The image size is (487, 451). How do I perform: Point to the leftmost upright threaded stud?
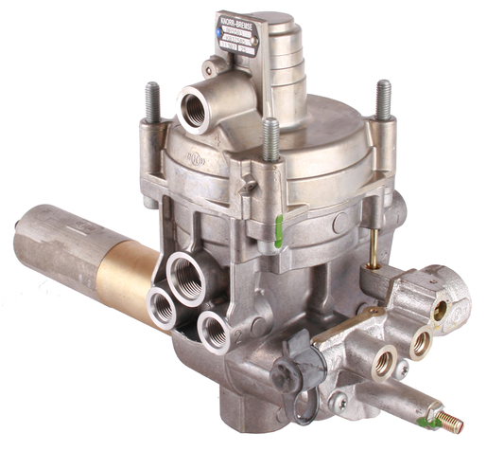pyautogui.click(x=151, y=102)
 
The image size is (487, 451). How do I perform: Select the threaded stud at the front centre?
pyautogui.click(x=271, y=139)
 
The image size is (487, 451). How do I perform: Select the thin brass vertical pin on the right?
pyautogui.click(x=374, y=247)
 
